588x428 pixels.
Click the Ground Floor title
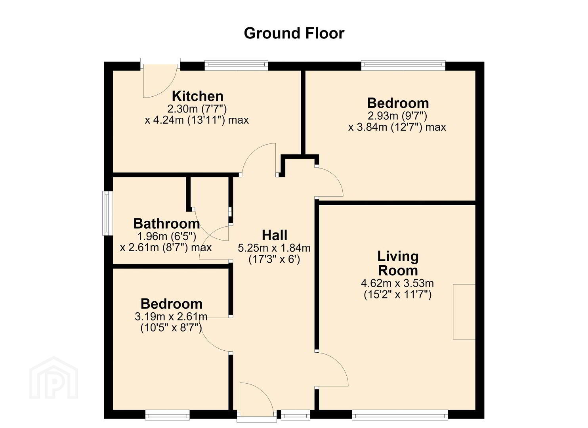pyautogui.click(x=294, y=34)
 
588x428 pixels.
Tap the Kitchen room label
pyautogui.click(x=197, y=96)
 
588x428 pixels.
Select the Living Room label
pyautogui.click(x=398, y=264)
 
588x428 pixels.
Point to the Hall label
pyautogui.click(x=274, y=235)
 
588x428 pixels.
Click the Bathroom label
pyautogui.click(x=166, y=224)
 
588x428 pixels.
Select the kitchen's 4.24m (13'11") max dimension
pyautogui.click(x=197, y=120)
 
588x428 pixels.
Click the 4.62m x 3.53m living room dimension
pyautogui.click(x=397, y=283)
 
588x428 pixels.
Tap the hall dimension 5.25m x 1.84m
pyautogui.click(x=274, y=248)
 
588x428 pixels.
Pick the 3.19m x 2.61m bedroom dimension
pyautogui.click(x=171, y=317)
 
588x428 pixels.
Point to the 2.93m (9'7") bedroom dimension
pyautogui.click(x=397, y=115)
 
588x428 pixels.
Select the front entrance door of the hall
pyautogui.click(x=256, y=402)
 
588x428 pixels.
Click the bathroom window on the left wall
pyautogui.click(x=107, y=213)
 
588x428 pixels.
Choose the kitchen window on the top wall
pyautogui.click(x=236, y=65)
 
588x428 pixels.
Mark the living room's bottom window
pyautogui.click(x=400, y=415)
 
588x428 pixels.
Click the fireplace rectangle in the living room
pyautogui.click(x=464, y=312)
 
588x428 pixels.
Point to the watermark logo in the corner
pyautogui.click(x=53, y=378)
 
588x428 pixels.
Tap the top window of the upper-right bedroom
pyautogui.click(x=403, y=65)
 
